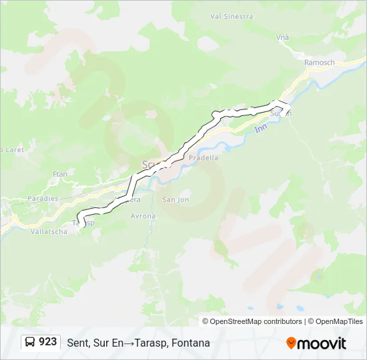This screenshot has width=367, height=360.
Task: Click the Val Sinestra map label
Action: (232, 15)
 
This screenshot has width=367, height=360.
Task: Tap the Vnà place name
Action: (283, 38)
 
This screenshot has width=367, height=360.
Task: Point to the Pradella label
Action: (204, 158)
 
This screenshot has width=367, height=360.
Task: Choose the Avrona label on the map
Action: (143, 216)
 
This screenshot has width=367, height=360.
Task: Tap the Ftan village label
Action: (60, 174)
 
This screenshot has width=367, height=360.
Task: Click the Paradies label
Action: (43, 199)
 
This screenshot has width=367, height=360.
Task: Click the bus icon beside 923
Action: (30, 343)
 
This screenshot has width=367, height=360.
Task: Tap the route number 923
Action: (48, 343)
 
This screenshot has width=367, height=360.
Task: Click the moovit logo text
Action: (322, 343)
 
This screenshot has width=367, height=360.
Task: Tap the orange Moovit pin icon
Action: (291, 343)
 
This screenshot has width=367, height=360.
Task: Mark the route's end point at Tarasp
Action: (79, 223)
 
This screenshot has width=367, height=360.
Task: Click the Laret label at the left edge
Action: (13, 150)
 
